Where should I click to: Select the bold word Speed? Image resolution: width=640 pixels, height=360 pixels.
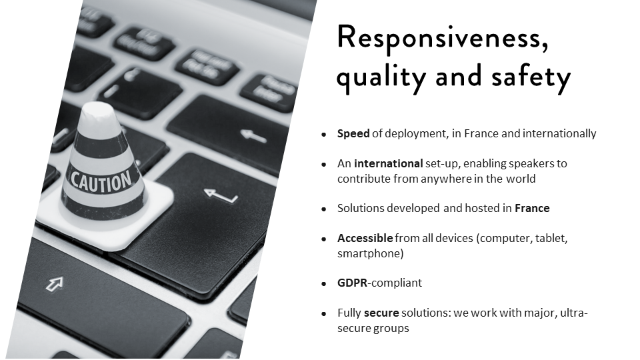click(353, 134)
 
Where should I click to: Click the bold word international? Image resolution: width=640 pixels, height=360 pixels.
click(388, 163)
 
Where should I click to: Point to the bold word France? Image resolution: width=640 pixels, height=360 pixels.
click(532, 208)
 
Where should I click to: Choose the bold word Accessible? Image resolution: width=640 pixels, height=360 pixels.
click(365, 238)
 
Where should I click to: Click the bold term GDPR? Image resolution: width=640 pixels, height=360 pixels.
click(352, 283)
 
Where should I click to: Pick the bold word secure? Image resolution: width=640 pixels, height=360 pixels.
click(381, 313)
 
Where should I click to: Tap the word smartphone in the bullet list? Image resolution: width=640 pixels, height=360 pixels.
click(370, 253)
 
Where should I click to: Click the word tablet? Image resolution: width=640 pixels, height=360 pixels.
click(551, 238)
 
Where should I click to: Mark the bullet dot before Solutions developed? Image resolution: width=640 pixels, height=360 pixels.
click(324, 209)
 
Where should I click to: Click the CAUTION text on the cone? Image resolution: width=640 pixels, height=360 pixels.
click(101, 181)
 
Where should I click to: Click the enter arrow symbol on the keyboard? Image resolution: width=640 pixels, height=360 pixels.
click(221, 195)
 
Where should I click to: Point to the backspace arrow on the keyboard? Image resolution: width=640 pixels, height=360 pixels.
click(253, 136)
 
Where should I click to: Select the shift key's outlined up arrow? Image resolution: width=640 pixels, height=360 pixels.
click(55, 284)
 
